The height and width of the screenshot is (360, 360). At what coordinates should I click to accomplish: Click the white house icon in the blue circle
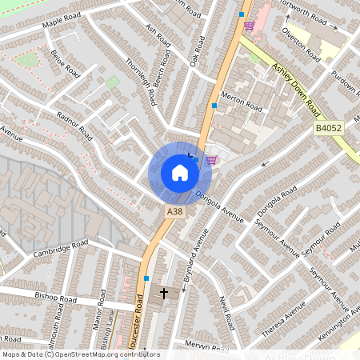pyautogui.click(x=180, y=173)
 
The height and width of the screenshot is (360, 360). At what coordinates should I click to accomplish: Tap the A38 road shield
pyautogui.click(x=175, y=211)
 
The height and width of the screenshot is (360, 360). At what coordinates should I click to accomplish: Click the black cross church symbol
pyautogui.click(x=165, y=294)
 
